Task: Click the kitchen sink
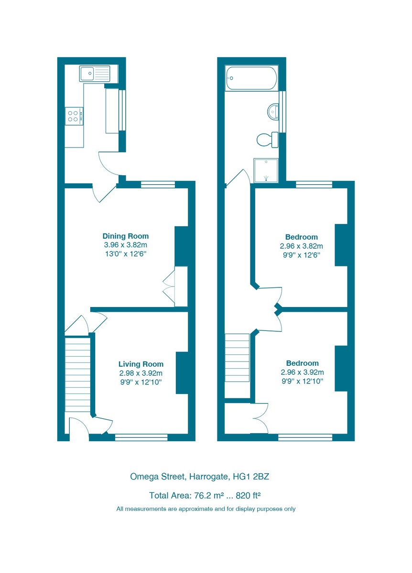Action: [95, 74]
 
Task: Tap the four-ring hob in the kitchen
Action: [74, 116]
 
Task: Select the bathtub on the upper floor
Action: [251, 78]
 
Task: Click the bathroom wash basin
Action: [273, 112]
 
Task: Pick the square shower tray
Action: [266, 170]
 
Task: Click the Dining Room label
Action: [126, 236]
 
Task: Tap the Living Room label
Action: [141, 364]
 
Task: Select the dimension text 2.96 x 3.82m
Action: [302, 246]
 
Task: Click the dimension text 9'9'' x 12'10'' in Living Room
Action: [141, 382]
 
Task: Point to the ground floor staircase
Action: [77, 375]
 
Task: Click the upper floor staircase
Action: [237, 358]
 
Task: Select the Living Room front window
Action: [141, 437]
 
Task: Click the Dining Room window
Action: [158, 184]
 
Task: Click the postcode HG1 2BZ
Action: [251, 477]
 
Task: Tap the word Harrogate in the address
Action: [208, 477]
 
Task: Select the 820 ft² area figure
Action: [248, 496]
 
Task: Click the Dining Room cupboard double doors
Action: [169, 286]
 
